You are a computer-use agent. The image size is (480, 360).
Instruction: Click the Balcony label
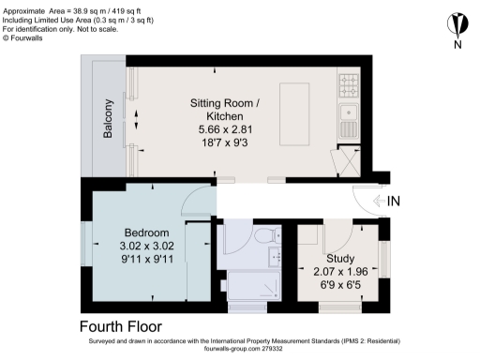click(109, 119)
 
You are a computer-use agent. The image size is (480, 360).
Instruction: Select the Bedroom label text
click(146, 232)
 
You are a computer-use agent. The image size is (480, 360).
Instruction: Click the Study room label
click(340, 258)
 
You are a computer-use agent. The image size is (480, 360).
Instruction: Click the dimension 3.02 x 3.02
click(146, 245)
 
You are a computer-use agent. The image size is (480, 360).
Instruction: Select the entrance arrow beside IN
click(378, 200)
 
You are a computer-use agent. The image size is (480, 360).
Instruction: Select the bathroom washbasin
click(275, 256)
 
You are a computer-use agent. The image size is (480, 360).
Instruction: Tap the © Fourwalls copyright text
click(30, 37)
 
